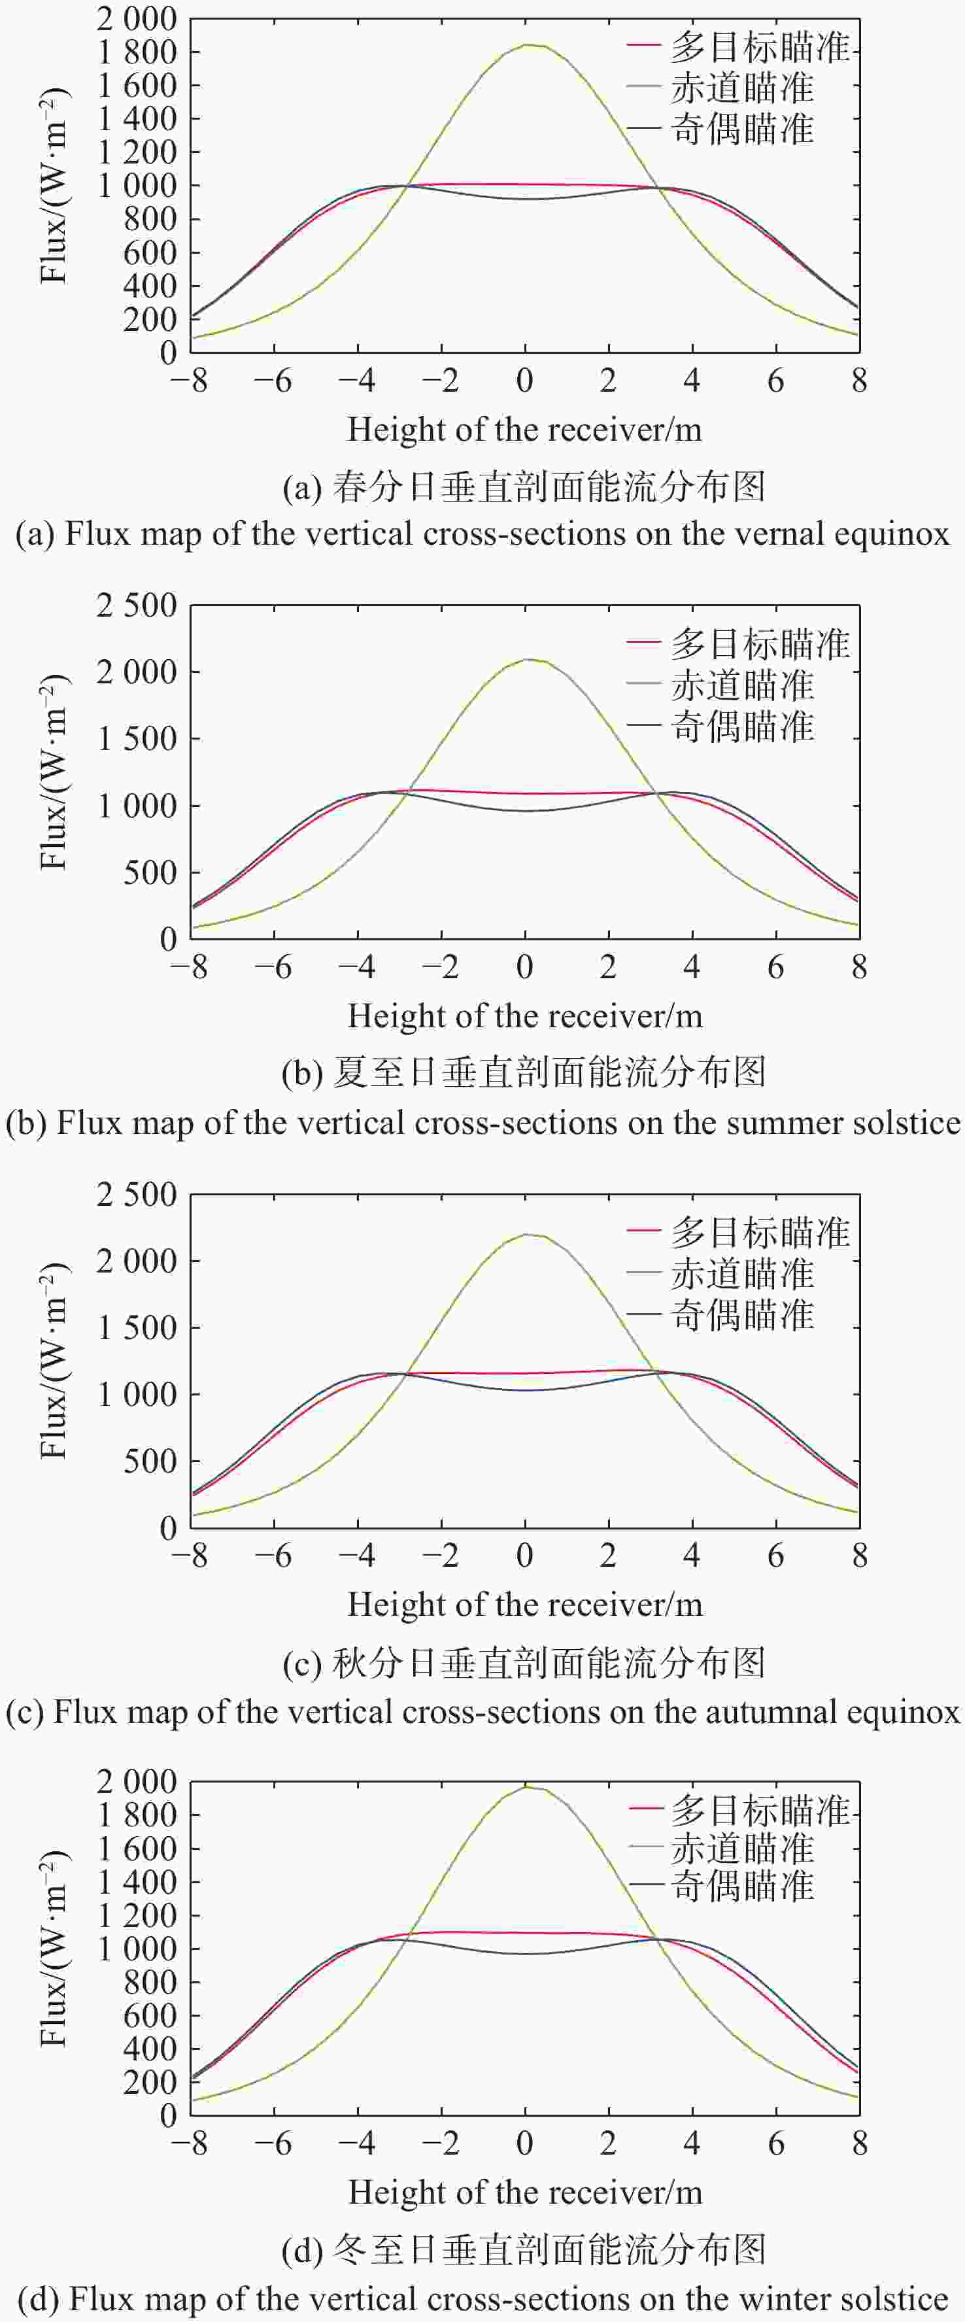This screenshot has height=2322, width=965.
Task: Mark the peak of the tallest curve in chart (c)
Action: point(530,1234)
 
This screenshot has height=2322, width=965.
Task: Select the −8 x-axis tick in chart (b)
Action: point(188,968)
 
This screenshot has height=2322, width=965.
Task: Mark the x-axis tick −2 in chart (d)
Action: point(441,2143)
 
